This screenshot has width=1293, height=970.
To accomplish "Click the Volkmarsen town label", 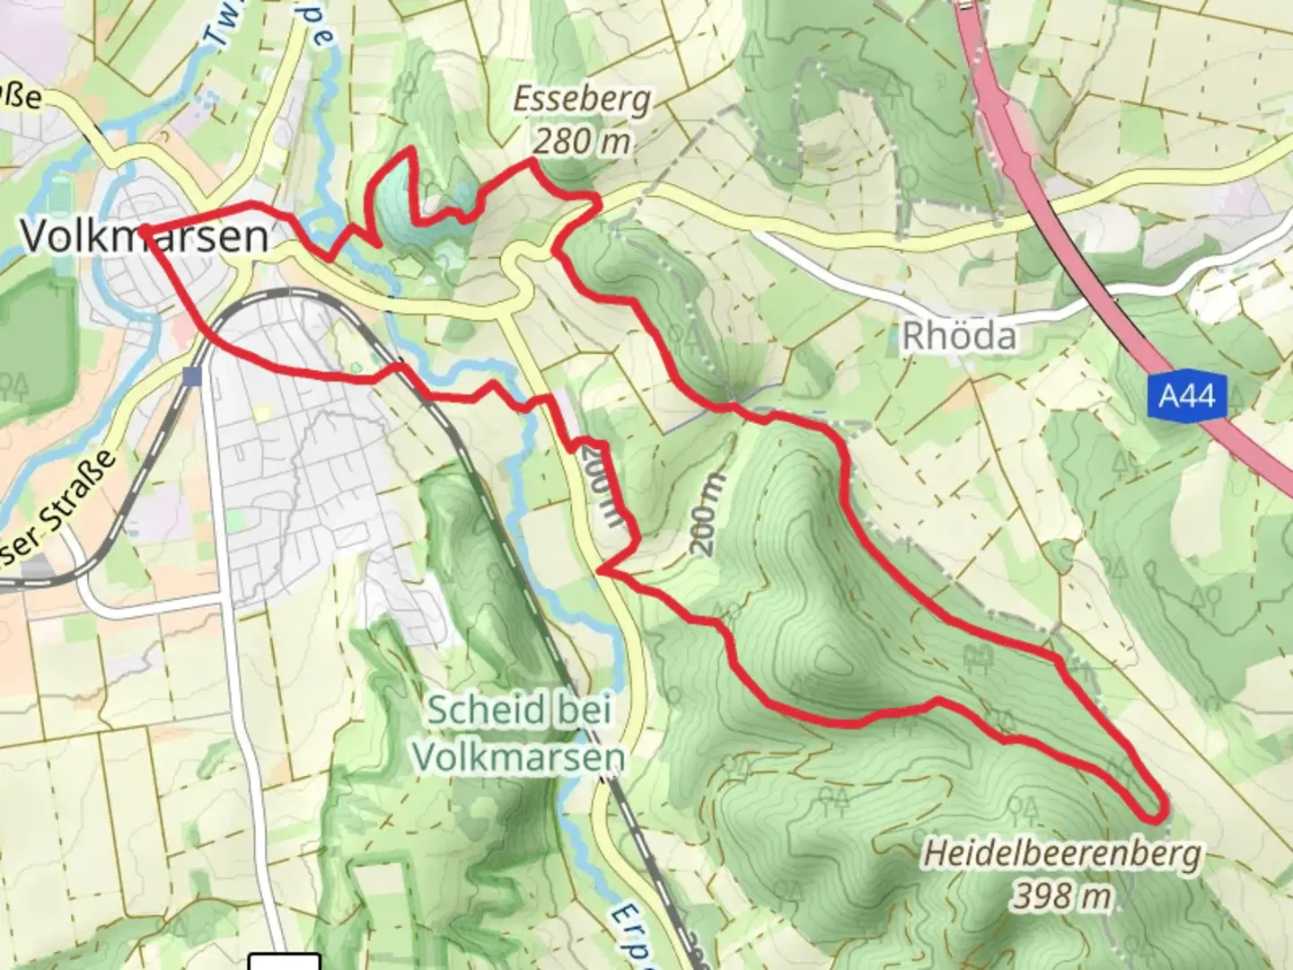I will tap(144, 236).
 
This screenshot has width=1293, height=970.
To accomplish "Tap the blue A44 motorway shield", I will tap(1186, 395).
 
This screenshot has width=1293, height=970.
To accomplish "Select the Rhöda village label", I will tap(959, 336).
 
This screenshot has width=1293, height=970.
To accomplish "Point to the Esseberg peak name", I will tap(582, 99).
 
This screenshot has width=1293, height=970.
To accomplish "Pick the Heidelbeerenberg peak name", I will tap(1061, 853).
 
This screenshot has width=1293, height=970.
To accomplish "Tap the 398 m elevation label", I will tap(1063, 895).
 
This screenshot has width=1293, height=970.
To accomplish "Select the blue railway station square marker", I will tap(191, 375).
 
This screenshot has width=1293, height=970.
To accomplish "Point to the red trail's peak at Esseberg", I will tap(534, 161).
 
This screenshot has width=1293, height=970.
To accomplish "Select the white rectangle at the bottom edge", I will tap(284, 961).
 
